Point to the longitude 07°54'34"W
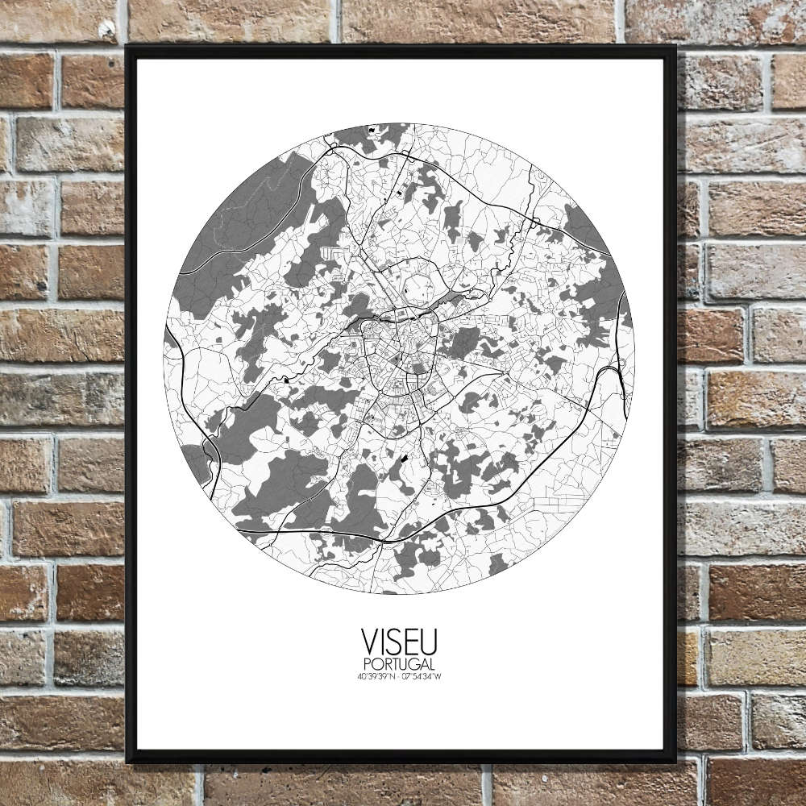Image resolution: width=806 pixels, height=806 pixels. pos(423,675)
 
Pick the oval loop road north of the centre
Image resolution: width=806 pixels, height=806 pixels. pos(419,286)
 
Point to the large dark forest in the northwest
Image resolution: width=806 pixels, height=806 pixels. pos(242,218)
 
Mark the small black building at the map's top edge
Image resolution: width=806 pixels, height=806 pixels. pos(372,130)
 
